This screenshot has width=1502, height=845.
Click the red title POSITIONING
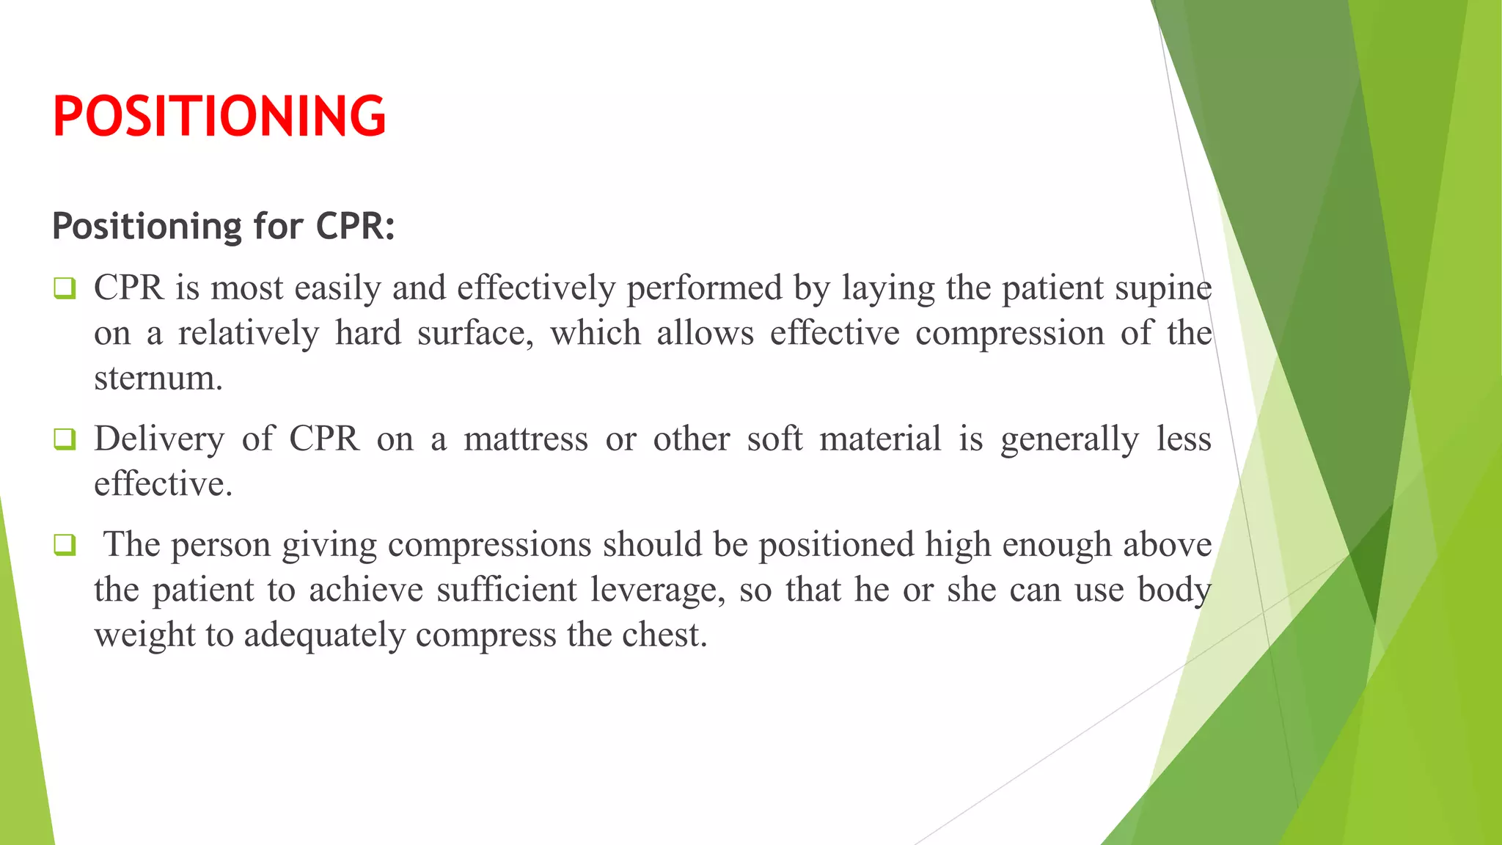click(219, 116)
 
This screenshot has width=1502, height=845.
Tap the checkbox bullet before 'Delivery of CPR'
click(65, 439)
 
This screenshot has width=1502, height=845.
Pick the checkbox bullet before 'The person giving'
click(65, 545)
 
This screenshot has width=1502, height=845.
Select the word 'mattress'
click(526, 439)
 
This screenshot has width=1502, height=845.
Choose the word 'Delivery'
click(159, 439)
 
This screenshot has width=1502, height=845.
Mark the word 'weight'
click(144, 635)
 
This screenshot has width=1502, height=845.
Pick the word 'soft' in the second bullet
click(774, 439)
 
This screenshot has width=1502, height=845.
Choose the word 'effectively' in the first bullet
click(536, 288)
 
